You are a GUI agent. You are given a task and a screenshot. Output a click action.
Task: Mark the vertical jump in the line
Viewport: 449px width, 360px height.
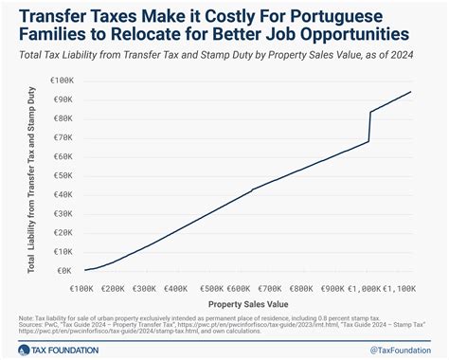click(368, 127)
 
